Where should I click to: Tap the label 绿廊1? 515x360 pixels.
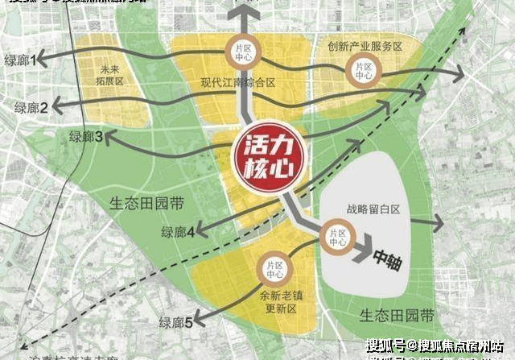23,60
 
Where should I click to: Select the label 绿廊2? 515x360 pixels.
32,106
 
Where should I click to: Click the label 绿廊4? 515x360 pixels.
178,232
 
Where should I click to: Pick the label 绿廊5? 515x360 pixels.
175,323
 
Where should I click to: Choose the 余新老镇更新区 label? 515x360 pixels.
281,301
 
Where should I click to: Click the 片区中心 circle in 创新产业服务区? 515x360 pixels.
363,72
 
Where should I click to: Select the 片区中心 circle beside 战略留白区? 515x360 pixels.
337,238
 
